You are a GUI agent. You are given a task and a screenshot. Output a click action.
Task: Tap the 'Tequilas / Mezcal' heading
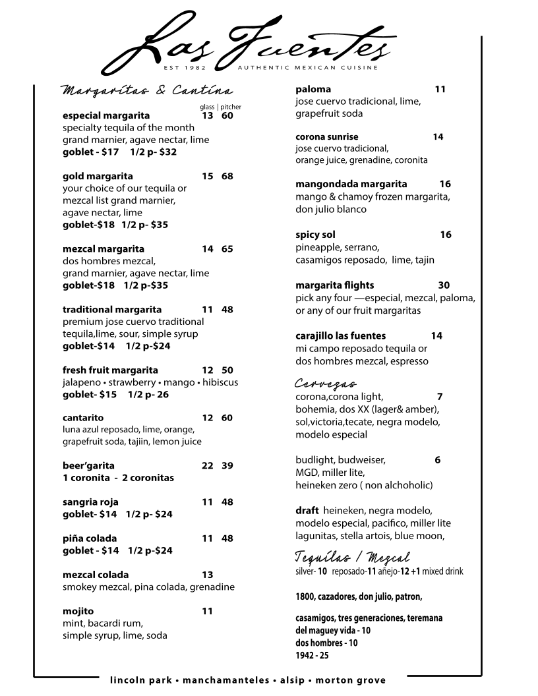click(x=352, y=557)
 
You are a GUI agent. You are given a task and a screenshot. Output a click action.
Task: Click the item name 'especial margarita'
click(x=106, y=115)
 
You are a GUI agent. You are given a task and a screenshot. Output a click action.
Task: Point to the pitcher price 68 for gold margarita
click(x=227, y=176)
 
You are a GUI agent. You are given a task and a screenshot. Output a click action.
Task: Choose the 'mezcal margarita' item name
click(x=104, y=249)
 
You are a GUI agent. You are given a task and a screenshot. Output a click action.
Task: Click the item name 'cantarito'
click(x=83, y=418)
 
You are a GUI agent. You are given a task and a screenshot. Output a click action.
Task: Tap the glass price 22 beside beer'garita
click(x=207, y=465)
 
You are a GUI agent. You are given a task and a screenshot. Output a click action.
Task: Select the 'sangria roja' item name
click(x=90, y=502)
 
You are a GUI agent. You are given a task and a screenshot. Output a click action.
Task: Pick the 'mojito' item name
click(x=78, y=611)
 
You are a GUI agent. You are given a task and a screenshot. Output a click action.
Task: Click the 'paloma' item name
click(x=313, y=89)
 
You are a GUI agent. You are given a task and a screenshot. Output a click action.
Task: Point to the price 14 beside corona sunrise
click(x=438, y=136)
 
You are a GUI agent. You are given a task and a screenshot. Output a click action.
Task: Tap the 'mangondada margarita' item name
click(x=351, y=184)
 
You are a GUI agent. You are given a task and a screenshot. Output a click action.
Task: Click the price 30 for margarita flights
click(x=444, y=285)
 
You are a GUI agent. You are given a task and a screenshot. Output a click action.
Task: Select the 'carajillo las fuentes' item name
click(x=341, y=335)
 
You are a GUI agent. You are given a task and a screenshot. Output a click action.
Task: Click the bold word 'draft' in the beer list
click(x=307, y=511)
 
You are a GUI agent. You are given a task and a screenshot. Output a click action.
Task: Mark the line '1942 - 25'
click(x=312, y=656)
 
